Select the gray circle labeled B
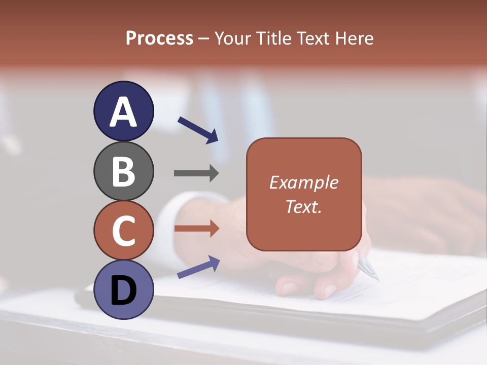click(123, 171)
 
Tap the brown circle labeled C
click(123, 231)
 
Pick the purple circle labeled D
click(123, 290)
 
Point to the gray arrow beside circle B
click(196, 173)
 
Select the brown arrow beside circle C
click(196, 229)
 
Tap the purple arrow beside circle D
click(198, 267)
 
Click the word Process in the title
click(159, 39)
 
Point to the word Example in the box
click(303, 182)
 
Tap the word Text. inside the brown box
click(303, 206)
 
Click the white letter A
click(123, 112)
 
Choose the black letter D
click(123, 290)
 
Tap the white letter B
click(123, 171)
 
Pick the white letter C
click(123, 231)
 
